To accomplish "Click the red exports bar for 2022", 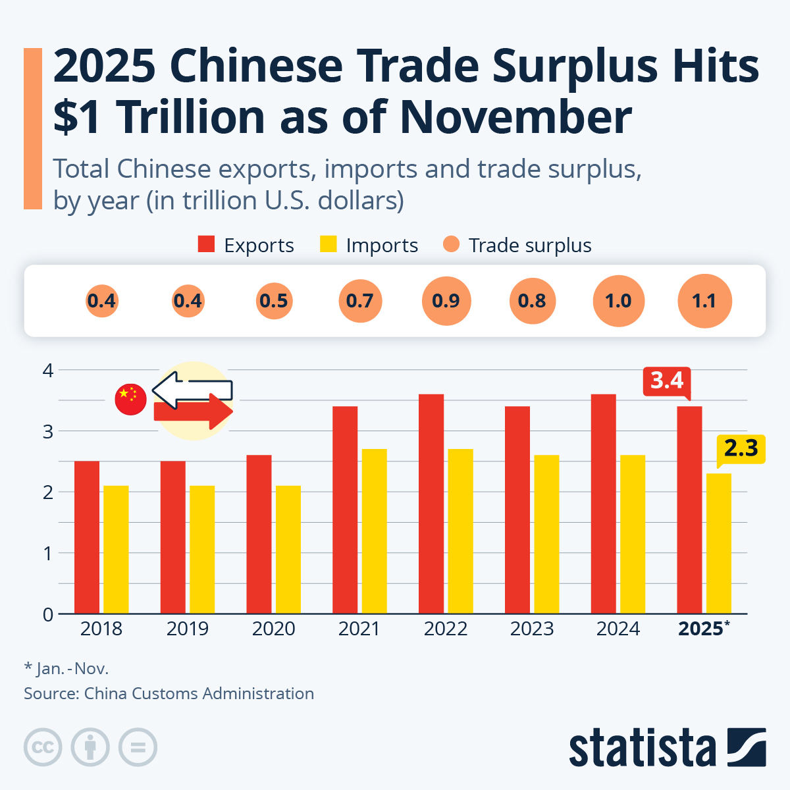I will pos(431,504).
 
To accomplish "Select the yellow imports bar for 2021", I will pos(374,531).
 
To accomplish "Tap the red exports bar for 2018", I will pos(87,537).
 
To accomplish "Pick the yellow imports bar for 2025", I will pos(718,543).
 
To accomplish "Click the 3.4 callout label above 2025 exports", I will pos(667,381).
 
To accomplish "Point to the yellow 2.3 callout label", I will pos(741,449).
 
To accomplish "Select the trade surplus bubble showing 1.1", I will pos(704,301).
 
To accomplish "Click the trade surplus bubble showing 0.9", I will pos(446,301).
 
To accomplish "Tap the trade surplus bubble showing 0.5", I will pos(273,301).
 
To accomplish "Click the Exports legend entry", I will pos(246,245).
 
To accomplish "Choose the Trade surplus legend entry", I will pos(517,245).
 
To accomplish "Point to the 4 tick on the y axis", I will pos(47,370).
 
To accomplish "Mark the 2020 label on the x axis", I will pos(273,629).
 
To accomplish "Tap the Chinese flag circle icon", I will pos(130,399).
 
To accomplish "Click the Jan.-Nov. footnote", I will pos(66,669).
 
